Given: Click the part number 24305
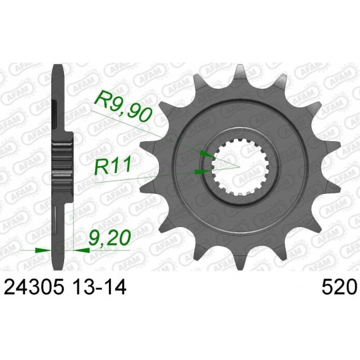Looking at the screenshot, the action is (34, 287).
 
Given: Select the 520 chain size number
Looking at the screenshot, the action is (338, 287).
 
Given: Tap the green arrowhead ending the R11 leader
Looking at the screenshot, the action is (203, 172).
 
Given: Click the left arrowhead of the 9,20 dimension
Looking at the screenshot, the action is (43, 250).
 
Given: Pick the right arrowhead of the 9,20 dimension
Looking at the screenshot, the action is (81, 250).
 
